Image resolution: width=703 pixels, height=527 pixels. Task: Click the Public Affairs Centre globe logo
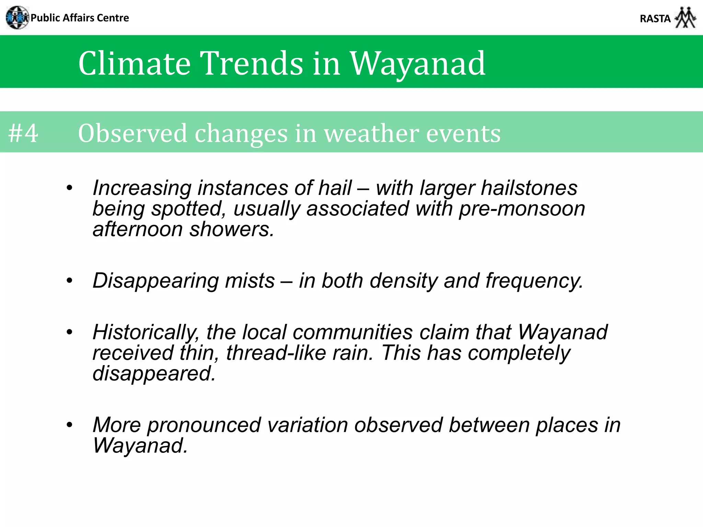[x=17, y=17]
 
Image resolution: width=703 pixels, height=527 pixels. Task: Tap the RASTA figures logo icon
[x=685, y=17]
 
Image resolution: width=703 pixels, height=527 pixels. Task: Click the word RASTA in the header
[x=655, y=19]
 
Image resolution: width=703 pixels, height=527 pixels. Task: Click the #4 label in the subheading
[x=23, y=133]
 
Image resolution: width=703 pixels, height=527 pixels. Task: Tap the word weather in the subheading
[x=371, y=133]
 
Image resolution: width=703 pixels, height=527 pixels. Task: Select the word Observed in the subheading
[x=132, y=133]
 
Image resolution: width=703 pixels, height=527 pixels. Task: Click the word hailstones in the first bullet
[x=529, y=188]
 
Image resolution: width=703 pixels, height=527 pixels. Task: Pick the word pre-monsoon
[x=522, y=209]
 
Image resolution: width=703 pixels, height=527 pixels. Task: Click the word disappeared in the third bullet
[x=154, y=374]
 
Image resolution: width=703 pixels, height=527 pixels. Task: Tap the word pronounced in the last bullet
[x=204, y=425]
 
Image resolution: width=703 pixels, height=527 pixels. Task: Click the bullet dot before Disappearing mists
[x=70, y=281]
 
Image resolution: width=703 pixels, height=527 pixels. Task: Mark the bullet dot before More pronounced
[x=70, y=425]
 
